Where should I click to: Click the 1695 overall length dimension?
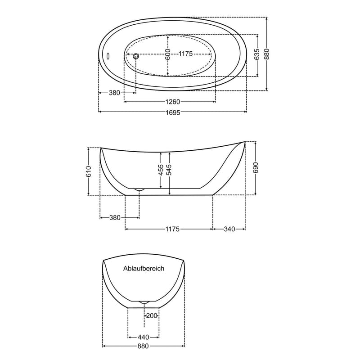(173, 112)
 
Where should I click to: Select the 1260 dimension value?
(173, 102)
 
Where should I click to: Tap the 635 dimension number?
(257, 54)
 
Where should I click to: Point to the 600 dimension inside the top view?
(168, 54)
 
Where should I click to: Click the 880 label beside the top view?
(266, 54)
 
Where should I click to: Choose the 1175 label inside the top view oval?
(185, 54)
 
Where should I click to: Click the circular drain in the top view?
(136, 56)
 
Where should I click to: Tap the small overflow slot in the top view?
(108, 55)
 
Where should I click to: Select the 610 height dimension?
(88, 171)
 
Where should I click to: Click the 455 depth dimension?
(161, 170)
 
